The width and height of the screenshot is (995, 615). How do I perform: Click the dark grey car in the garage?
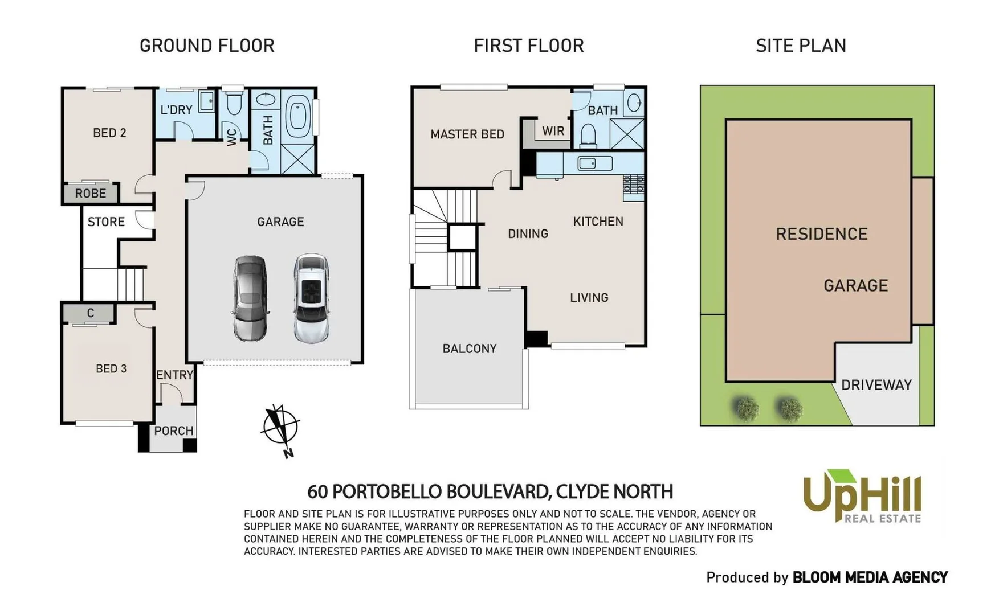(250, 298)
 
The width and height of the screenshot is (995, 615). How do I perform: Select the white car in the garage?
(311, 298)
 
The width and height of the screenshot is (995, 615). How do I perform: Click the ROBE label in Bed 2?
(91, 194)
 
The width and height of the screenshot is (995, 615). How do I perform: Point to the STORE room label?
(106, 222)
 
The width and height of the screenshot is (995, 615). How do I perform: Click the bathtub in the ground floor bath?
(297, 116)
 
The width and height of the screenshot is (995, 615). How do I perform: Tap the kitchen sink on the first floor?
(594, 164)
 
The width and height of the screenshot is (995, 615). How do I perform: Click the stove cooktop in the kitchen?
(634, 184)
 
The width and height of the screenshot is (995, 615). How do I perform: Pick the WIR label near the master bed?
(553, 131)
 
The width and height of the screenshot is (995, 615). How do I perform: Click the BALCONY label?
(470, 348)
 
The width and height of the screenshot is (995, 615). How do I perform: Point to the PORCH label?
(174, 431)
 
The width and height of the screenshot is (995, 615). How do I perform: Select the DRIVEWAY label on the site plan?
(876, 385)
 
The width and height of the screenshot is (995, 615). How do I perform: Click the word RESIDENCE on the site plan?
(821, 234)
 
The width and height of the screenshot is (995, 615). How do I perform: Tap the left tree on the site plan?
(746, 408)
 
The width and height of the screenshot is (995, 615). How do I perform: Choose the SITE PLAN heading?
(801, 46)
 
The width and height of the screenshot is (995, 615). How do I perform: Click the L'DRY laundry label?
(176, 110)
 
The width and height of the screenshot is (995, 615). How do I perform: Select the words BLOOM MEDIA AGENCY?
(870, 577)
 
